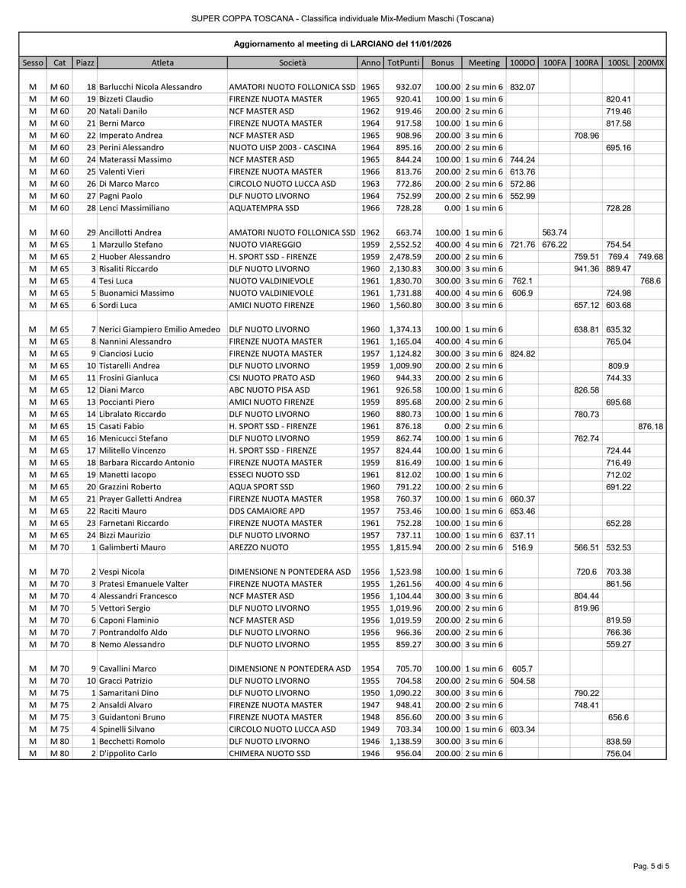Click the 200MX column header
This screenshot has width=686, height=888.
[x=650, y=63]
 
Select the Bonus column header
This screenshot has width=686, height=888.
[x=441, y=63]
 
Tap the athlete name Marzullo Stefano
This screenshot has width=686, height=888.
[x=130, y=245]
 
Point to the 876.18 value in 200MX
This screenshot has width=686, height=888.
[x=650, y=426]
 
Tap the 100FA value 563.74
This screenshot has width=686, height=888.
[x=554, y=232]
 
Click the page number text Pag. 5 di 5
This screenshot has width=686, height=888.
[x=651, y=866]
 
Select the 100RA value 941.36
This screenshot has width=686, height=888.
[x=586, y=269]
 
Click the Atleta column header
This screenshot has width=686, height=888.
[x=162, y=63]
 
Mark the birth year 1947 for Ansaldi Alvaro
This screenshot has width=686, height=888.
[x=370, y=705]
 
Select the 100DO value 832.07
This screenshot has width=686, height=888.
[x=522, y=87]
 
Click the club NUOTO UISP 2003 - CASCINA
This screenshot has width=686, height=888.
[x=283, y=148]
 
